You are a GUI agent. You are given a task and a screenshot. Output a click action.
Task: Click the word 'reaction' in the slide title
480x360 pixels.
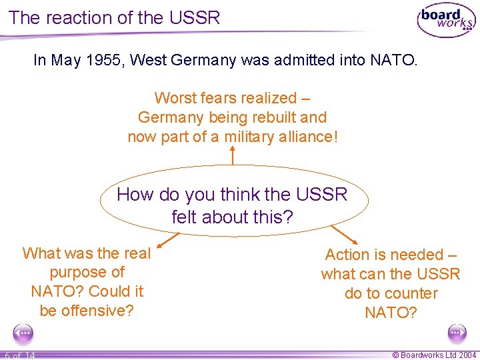tap(83, 17)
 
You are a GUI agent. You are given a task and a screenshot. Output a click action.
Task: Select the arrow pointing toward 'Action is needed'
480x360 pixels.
tap(342, 233)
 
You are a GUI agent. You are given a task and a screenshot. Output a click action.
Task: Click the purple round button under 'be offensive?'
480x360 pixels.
tap(23, 333)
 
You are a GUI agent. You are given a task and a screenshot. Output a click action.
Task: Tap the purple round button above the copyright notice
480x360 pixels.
tap(457, 333)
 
